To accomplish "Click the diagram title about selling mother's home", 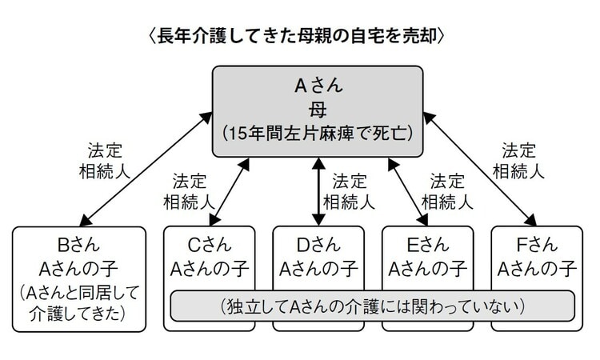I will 301,36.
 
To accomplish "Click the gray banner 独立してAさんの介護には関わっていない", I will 373,306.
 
